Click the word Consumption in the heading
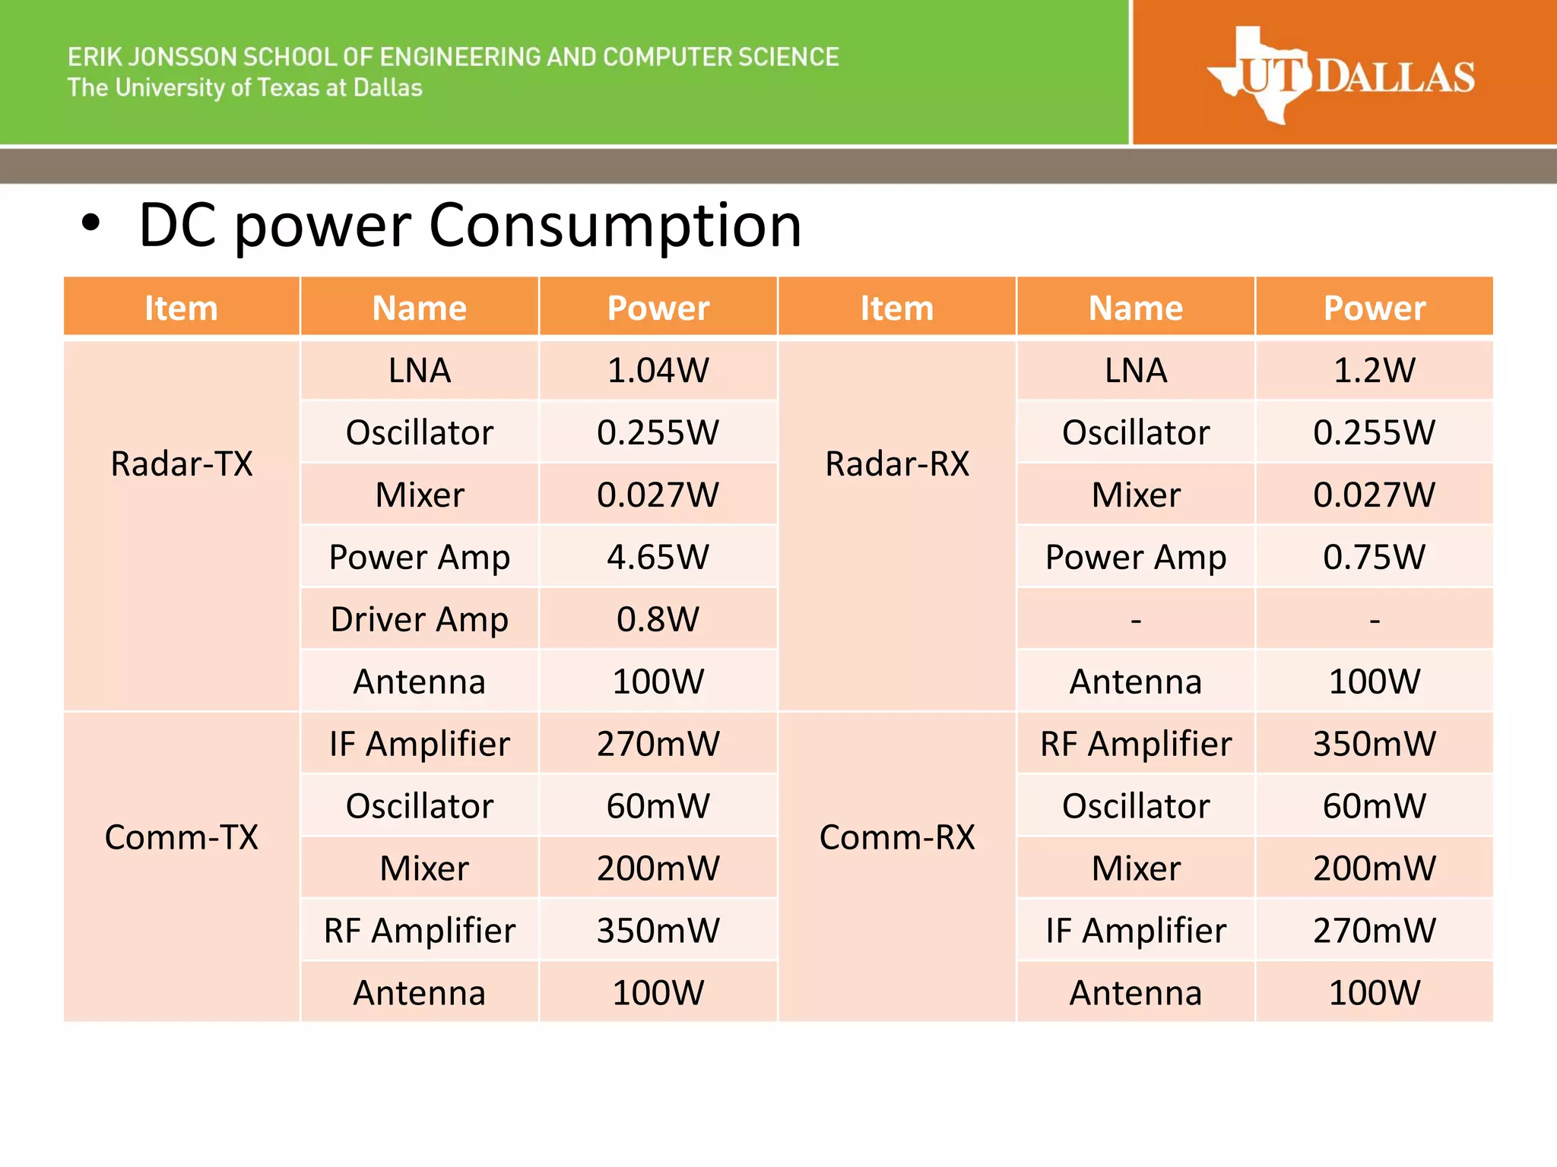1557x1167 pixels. click(x=615, y=226)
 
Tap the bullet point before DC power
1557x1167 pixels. click(x=90, y=224)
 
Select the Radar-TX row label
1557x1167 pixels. click(x=182, y=463)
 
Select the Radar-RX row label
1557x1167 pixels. click(x=897, y=463)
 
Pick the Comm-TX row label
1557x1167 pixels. click(x=182, y=837)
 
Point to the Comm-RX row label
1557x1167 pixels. click(x=897, y=837)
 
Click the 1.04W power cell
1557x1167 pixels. click(x=658, y=371)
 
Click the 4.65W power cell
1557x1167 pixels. click(x=658, y=557)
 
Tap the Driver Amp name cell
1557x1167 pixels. click(x=420, y=619)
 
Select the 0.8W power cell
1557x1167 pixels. click(x=658, y=619)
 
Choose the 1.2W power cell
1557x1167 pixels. click(x=1374, y=371)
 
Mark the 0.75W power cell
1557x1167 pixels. click(x=1374, y=557)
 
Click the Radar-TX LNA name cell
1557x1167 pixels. click(x=420, y=371)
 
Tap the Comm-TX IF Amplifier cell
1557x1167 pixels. click(x=420, y=744)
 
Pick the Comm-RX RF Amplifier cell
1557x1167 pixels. click(x=1136, y=744)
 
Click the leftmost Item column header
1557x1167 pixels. click(x=182, y=308)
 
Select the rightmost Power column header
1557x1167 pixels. click(x=1374, y=308)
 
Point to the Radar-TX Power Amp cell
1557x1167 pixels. click(x=420, y=557)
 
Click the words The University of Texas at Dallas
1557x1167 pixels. click(x=245, y=88)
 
